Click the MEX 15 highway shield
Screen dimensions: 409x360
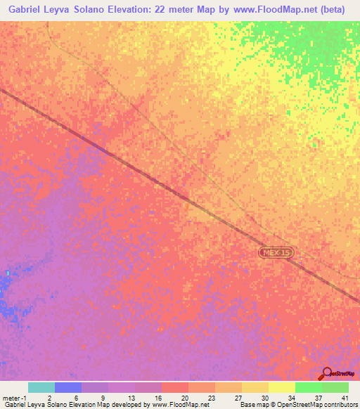pyautogui.click(x=275, y=252)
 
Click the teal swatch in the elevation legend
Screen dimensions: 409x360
pyautogui.click(x=41, y=387)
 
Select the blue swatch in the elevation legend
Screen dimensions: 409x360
pyautogui.click(x=68, y=387)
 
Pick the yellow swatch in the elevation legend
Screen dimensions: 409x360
pyautogui.click(x=281, y=387)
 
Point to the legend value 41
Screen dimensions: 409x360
pyautogui.click(x=344, y=397)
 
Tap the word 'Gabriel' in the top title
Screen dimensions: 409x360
pyautogui.click(x=25, y=8)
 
